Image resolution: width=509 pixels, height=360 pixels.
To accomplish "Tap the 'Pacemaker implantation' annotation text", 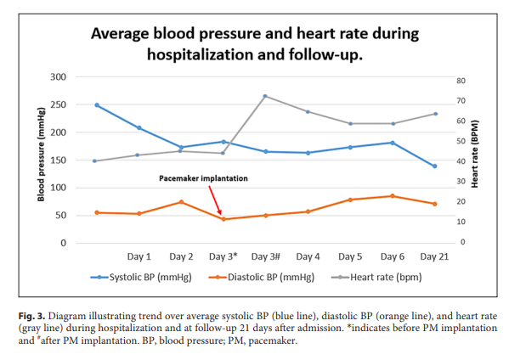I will pos(204,179).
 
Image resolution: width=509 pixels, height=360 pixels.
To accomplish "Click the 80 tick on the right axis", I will pos(461,81).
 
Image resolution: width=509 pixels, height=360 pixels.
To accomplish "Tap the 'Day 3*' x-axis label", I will pos(223,256).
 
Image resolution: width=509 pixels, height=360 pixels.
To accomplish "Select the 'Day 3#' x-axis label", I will pos(265,256).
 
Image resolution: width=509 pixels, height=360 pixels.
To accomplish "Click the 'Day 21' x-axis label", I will pos(434,256).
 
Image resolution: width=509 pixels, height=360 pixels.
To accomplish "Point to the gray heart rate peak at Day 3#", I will pos(265,96).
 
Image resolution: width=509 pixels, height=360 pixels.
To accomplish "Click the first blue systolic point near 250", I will pos(97,105).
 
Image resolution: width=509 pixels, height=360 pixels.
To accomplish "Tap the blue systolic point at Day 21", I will pos(434,166).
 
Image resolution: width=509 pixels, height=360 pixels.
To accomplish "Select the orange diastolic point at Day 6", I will pos(392,196).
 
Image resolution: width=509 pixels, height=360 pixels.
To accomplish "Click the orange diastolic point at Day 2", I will pos(181,202).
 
